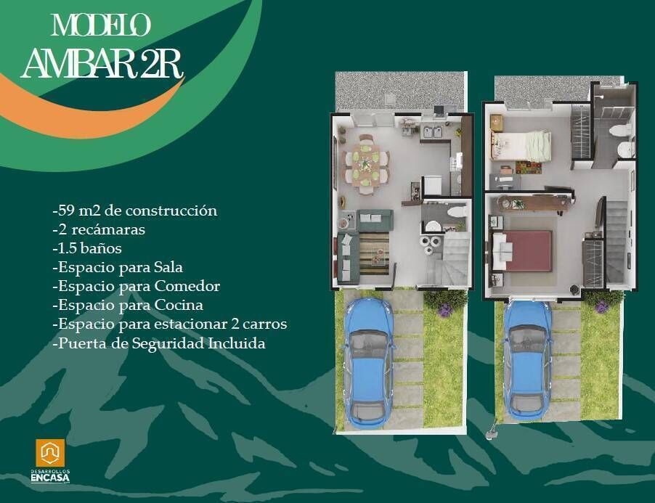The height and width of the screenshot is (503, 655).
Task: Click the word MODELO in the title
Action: (x=101, y=25)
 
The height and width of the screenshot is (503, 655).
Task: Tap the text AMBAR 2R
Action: (x=103, y=64)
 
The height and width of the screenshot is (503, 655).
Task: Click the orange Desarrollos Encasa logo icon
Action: (x=50, y=452)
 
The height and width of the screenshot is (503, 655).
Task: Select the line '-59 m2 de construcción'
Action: (x=135, y=210)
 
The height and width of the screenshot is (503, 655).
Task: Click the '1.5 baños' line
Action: (x=87, y=248)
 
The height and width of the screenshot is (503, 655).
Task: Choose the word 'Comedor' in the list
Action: (x=187, y=286)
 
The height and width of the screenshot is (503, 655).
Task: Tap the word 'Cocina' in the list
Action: (x=179, y=305)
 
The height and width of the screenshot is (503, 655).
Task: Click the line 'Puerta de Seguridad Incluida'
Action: (x=159, y=343)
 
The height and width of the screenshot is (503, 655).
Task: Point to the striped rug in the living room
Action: (x=374, y=254)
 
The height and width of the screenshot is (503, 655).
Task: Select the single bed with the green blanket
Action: (x=521, y=146)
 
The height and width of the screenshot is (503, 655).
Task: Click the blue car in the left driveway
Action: (x=368, y=363)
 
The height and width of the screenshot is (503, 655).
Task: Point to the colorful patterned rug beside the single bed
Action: (x=528, y=168)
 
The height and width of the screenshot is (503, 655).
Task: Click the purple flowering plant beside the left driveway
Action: (x=444, y=309)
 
